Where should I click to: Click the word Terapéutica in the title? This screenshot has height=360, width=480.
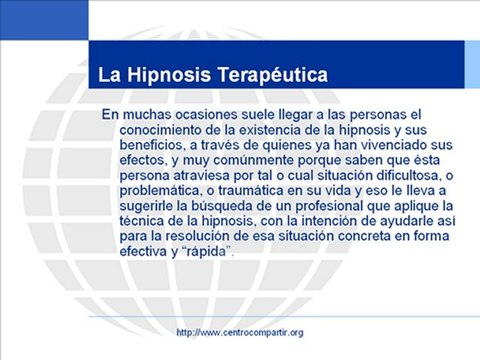point(273,74)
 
